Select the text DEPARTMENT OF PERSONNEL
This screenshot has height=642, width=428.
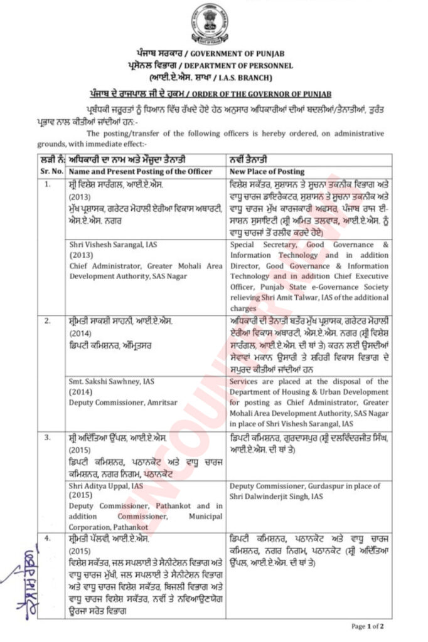(x=240, y=65)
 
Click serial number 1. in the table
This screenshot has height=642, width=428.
(x=48, y=184)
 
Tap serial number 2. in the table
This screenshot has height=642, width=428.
(x=48, y=322)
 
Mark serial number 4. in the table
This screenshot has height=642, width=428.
(x=48, y=538)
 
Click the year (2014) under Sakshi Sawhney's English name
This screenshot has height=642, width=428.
(x=82, y=392)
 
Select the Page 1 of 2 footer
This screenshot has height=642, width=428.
(x=367, y=626)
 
